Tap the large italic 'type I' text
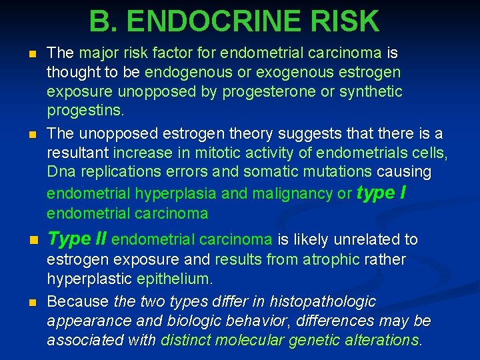[382, 193]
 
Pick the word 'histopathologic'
[325, 302]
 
